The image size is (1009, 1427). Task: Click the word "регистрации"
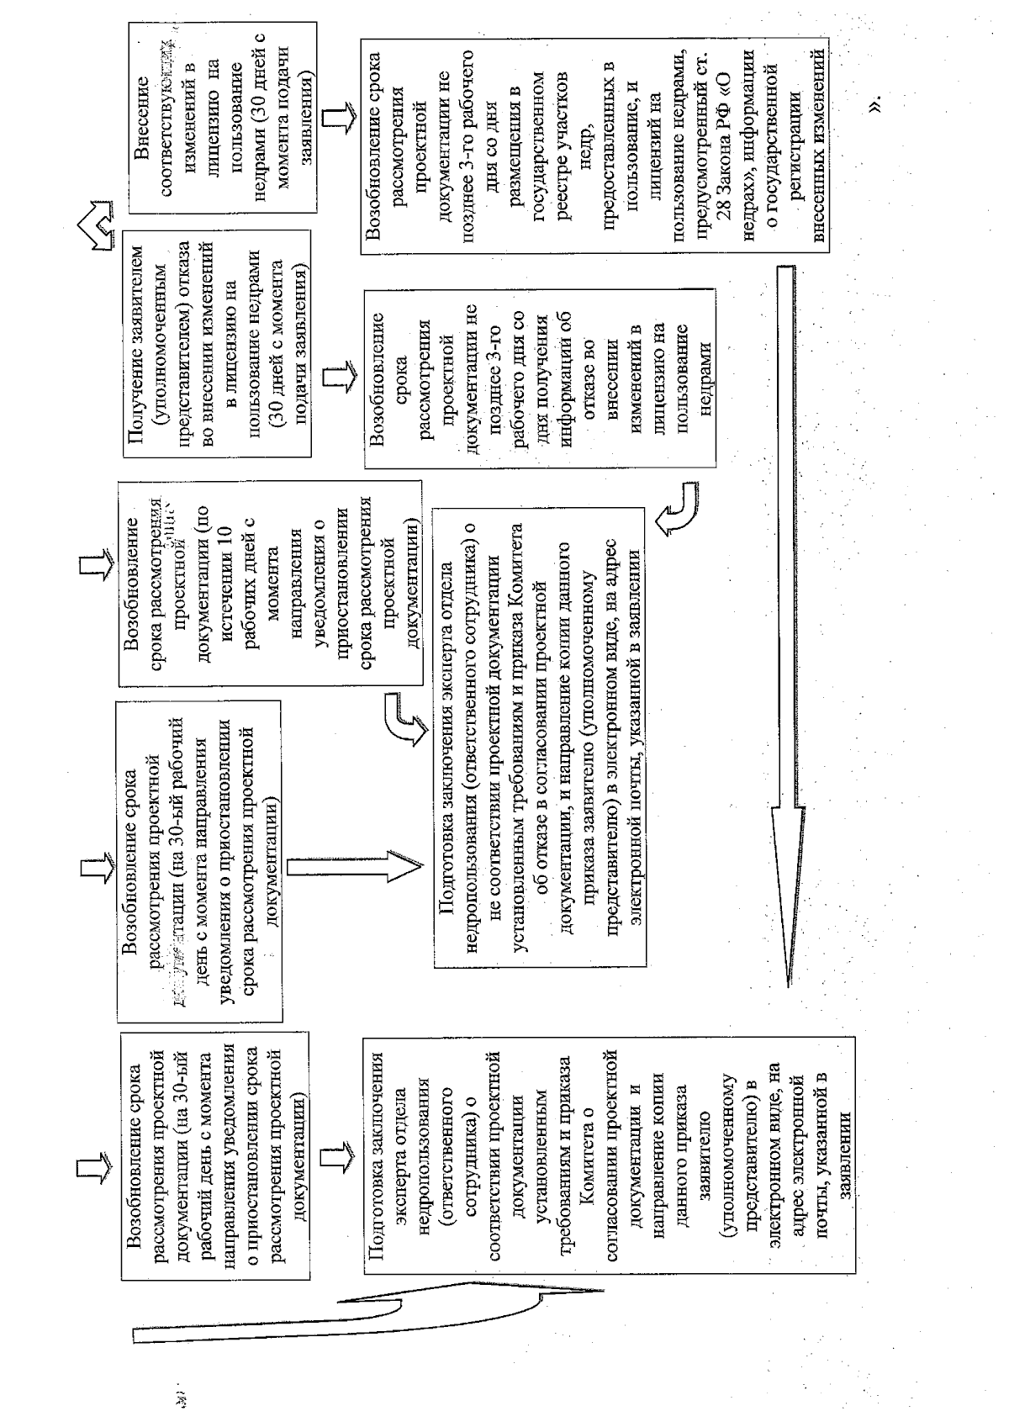pyautogui.click(x=795, y=151)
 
